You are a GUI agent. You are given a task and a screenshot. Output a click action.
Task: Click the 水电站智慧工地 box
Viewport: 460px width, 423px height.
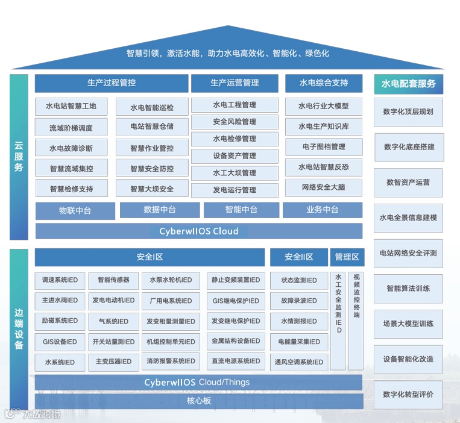click(71, 106)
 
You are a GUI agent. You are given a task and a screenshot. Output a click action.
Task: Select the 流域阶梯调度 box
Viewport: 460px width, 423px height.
click(71, 128)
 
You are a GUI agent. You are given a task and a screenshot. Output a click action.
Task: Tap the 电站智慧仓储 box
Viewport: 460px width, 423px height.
click(152, 127)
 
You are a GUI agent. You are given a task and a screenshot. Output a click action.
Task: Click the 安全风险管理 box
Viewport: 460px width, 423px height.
click(235, 122)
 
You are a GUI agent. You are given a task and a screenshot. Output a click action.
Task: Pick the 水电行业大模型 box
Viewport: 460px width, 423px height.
click(324, 106)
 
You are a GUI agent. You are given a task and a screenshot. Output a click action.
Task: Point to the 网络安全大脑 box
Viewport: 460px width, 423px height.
click(324, 187)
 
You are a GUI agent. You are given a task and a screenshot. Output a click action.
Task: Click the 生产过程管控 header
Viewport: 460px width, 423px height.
click(112, 83)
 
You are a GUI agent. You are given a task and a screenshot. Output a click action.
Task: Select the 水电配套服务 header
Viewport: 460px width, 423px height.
click(408, 84)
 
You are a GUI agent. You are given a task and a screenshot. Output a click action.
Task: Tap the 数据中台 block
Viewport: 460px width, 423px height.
click(160, 210)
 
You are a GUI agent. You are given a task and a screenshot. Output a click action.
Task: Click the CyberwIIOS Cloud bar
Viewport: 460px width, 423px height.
click(199, 231)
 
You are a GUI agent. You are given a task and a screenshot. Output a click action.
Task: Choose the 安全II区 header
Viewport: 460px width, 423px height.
click(299, 257)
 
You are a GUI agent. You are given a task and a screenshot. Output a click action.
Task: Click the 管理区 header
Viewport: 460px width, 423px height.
click(347, 257)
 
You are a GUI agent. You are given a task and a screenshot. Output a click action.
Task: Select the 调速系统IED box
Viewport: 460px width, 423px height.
click(60, 280)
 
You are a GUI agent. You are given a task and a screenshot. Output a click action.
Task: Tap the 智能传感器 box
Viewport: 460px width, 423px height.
click(113, 280)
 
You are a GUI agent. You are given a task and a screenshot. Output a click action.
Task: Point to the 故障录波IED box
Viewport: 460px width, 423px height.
click(298, 301)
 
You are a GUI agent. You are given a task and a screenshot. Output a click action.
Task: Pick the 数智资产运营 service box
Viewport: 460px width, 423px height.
click(408, 183)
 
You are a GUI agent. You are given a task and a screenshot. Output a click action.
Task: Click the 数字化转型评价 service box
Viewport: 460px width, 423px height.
click(408, 395)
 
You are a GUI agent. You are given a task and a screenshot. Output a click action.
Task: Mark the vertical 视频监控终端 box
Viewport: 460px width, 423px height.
click(356, 320)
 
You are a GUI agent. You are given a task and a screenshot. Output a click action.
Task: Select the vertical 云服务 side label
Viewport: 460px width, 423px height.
click(19, 157)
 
